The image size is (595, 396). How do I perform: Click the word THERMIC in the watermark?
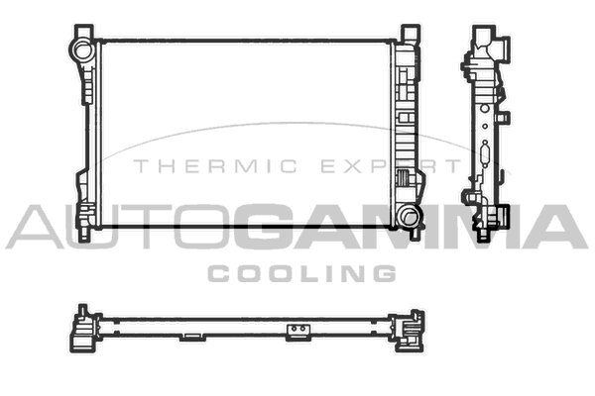click(x=215, y=166)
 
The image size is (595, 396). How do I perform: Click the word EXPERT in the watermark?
click(x=391, y=166)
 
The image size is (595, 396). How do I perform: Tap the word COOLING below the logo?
click(x=302, y=273)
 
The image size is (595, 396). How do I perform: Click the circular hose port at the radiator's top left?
click(x=82, y=49)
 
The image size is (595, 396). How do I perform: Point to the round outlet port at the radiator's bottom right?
click(x=409, y=217)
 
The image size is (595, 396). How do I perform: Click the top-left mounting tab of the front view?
click(x=84, y=31)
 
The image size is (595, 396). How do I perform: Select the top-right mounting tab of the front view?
click(x=411, y=32)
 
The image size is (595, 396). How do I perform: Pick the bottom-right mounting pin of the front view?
click(x=416, y=234)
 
